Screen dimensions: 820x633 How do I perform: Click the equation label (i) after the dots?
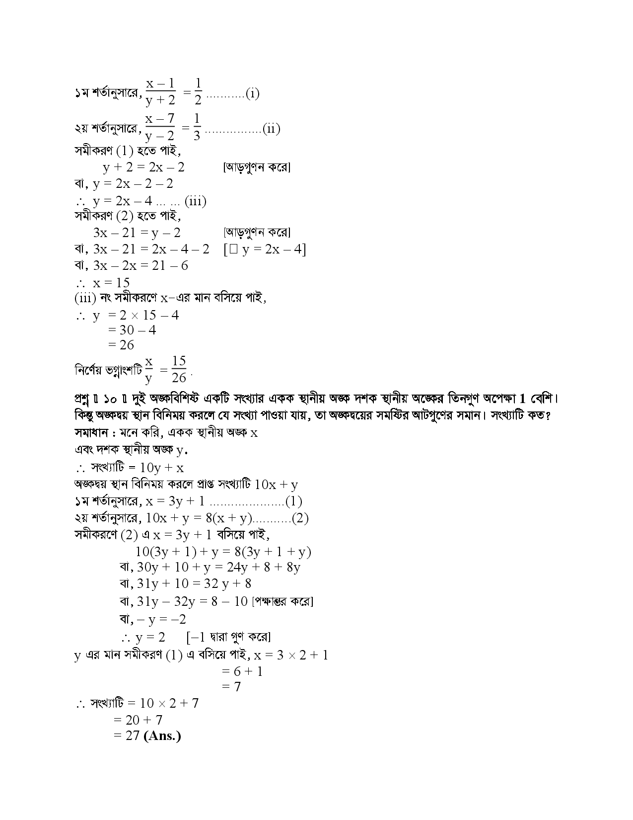[x=252, y=93]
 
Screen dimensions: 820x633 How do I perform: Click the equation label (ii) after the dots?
[x=272, y=129]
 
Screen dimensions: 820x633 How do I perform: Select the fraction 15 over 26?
[x=179, y=369]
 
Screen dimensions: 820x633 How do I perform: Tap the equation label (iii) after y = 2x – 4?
[x=196, y=201]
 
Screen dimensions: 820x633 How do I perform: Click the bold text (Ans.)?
[x=162, y=736]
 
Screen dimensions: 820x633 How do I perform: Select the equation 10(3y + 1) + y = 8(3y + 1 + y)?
[x=223, y=551]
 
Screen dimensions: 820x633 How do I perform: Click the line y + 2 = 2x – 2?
[x=143, y=167]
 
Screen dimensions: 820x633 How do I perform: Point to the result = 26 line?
[x=121, y=344]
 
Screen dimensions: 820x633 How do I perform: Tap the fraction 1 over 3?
[x=197, y=126]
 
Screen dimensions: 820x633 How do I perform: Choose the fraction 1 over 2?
[x=198, y=91]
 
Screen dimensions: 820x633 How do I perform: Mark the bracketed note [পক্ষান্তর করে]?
[x=282, y=601]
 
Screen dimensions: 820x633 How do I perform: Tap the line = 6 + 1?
[x=242, y=671]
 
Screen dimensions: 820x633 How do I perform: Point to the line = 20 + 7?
[x=138, y=719]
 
